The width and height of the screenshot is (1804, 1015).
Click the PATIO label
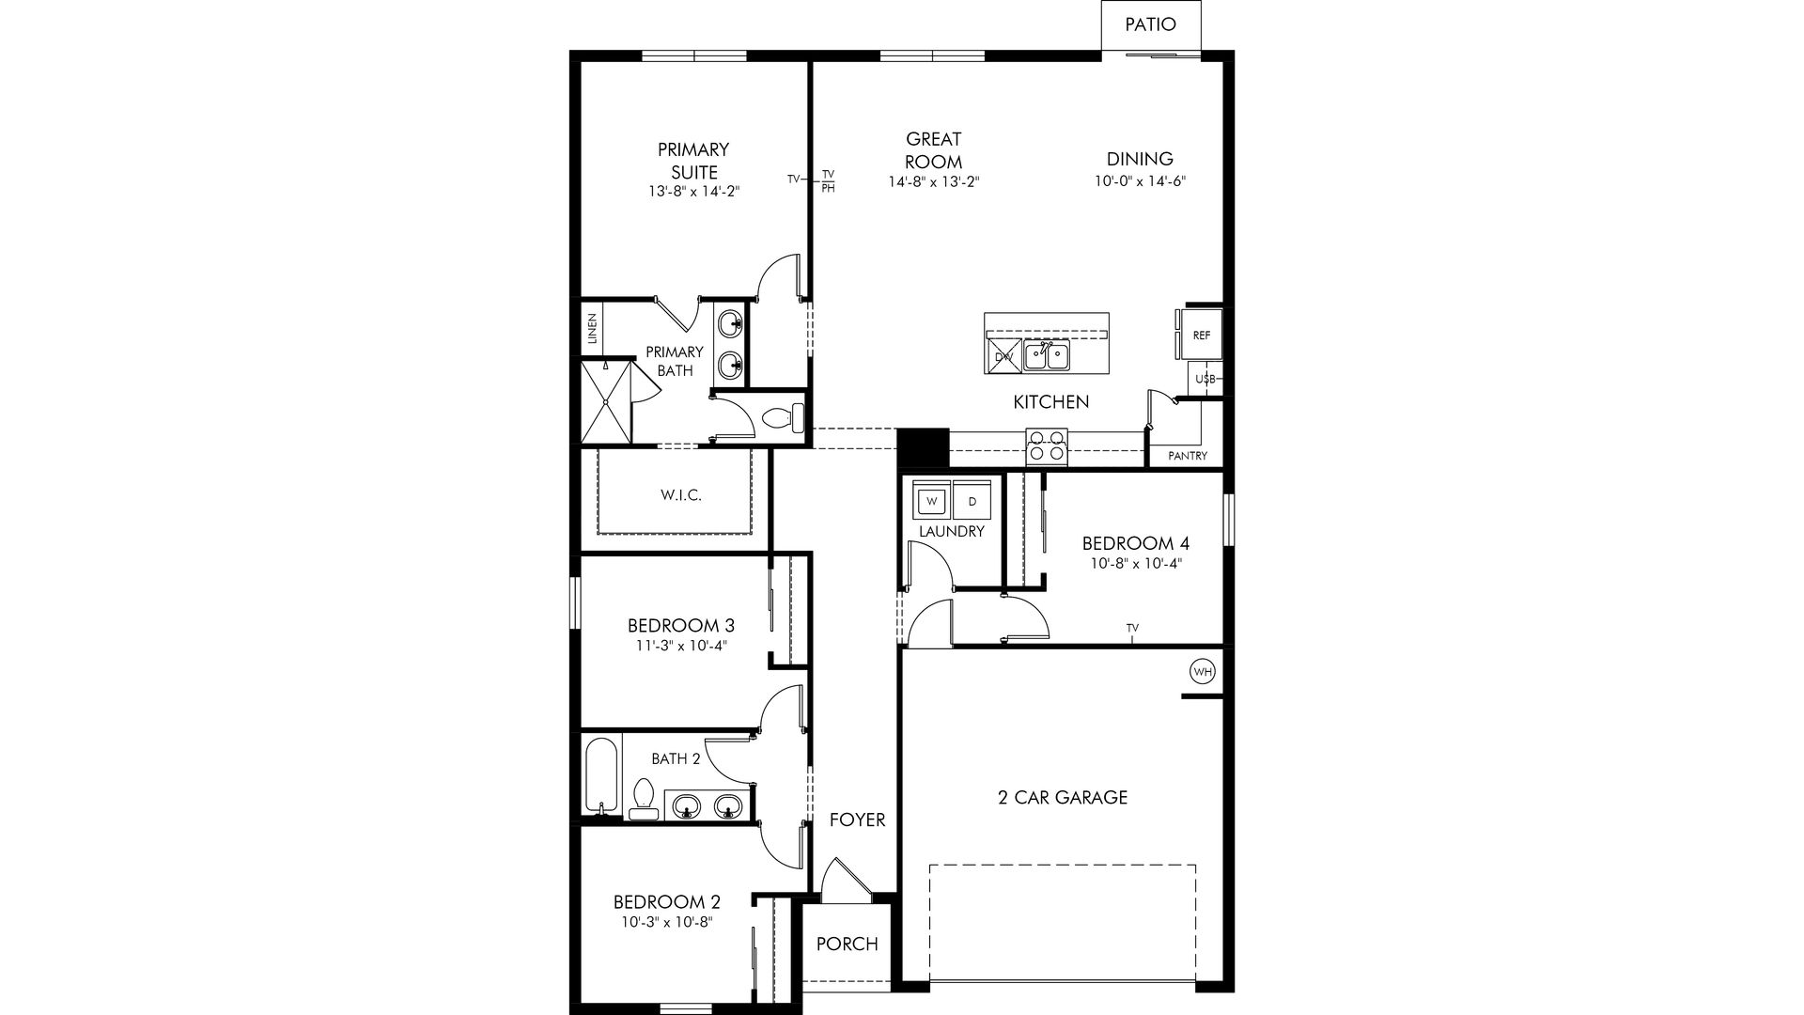pyautogui.click(x=1150, y=24)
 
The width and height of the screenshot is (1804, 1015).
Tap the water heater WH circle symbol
pyautogui.click(x=1202, y=672)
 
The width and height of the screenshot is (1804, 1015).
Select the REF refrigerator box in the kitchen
pyautogui.click(x=1201, y=336)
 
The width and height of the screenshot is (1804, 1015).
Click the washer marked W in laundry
pyautogui.click(x=932, y=501)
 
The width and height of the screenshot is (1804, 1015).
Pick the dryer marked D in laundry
pyautogui.click(x=972, y=501)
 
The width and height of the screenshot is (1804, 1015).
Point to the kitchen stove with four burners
pyautogui.click(x=1047, y=445)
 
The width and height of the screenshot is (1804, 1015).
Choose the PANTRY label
pyautogui.click(x=1188, y=457)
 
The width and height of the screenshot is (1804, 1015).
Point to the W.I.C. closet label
pyautogui.click(x=681, y=495)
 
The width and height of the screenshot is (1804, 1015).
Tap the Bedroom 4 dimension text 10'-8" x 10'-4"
pyautogui.click(x=1136, y=564)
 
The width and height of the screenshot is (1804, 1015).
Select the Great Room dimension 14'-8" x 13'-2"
pyautogui.click(x=934, y=181)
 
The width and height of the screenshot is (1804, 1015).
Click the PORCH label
pyautogui.click(x=847, y=944)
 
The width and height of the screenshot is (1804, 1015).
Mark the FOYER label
pyautogui.click(x=857, y=820)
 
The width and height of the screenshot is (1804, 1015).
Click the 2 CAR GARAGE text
pyautogui.click(x=1063, y=798)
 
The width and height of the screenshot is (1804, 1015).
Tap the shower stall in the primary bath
pyautogui.click(x=605, y=402)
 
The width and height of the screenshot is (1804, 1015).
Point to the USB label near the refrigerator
pyautogui.click(x=1205, y=379)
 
